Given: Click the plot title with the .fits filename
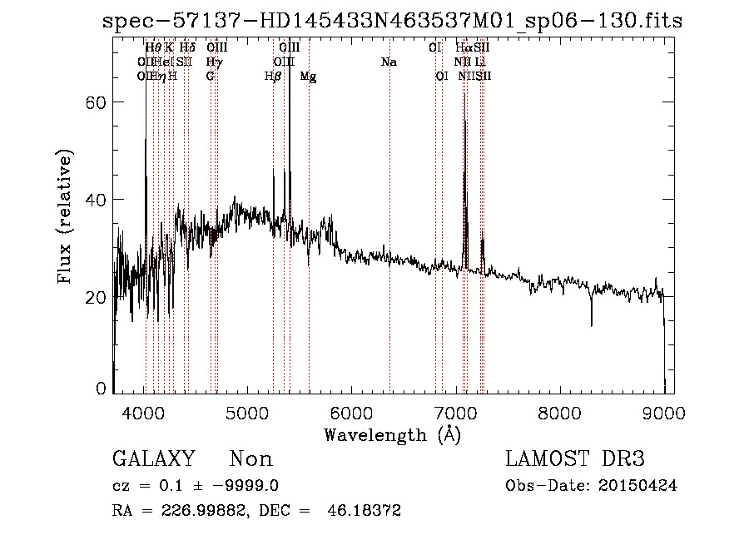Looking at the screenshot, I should pyautogui.click(x=392, y=21).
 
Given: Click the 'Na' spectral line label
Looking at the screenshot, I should pyautogui.click(x=389, y=62).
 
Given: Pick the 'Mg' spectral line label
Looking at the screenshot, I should pyautogui.click(x=308, y=77).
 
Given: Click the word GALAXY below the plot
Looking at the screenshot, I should pyautogui.click(x=154, y=459).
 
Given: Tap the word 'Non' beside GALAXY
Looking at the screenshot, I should pyautogui.click(x=250, y=459).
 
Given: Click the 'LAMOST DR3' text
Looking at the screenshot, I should pyautogui.click(x=575, y=459).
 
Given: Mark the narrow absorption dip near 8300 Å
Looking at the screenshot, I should pyautogui.click(x=592, y=320).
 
